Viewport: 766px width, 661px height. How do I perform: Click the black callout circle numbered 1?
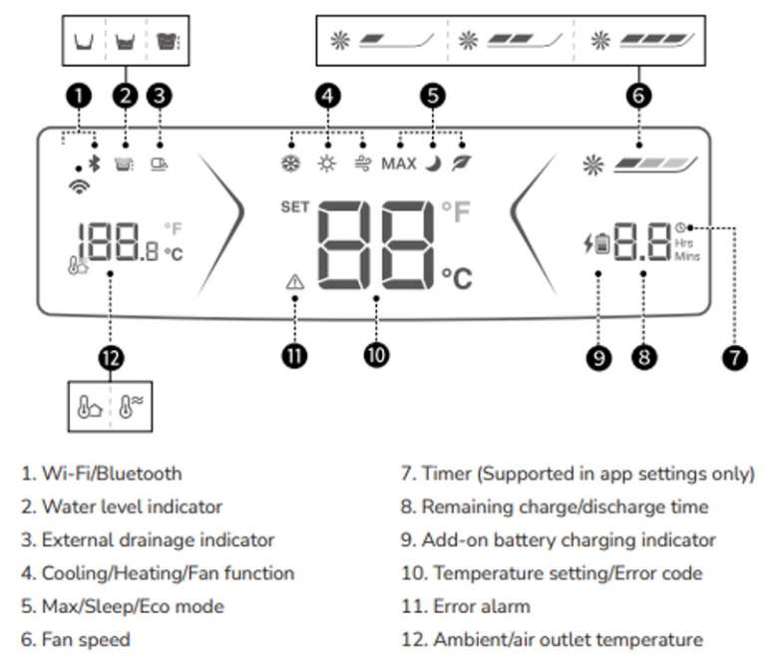click(79, 96)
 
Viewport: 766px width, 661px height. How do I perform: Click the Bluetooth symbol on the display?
click(95, 164)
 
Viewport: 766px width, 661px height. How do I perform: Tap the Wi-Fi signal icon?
click(77, 185)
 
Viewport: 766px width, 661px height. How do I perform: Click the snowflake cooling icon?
click(292, 164)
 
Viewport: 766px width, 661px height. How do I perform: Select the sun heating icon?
click(327, 164)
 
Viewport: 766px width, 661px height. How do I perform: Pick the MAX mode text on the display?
click(399, 164)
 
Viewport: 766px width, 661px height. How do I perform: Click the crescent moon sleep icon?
click(434, 164)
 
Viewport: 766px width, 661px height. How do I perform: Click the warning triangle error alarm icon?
click(294, 282)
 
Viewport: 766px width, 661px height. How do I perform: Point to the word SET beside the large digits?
click(295, 208)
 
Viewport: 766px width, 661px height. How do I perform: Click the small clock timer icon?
click(680, 226)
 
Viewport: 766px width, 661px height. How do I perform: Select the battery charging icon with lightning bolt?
click(597, 241)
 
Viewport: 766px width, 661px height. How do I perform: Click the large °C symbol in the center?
click(456, 277)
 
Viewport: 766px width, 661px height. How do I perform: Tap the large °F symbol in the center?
click(455, 211)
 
